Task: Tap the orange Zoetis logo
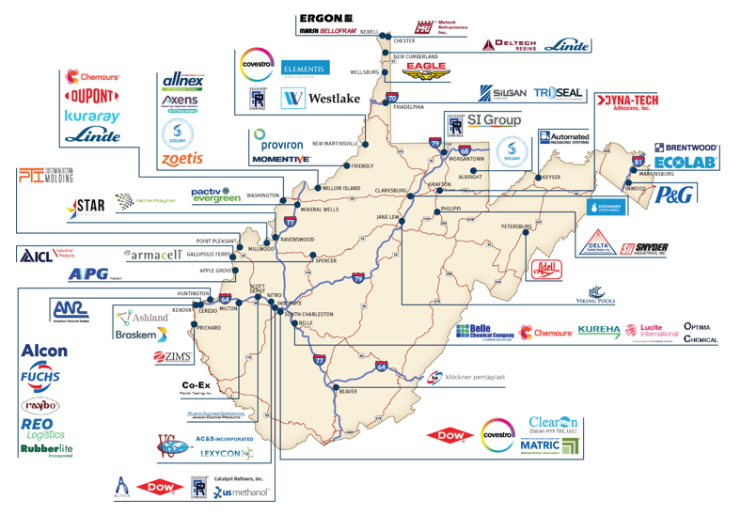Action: click(181, 159)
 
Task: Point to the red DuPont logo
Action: click(92, 96)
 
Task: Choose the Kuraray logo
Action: click(92, 116)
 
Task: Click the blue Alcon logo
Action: click(44, 351)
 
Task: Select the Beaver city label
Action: click(349, 392)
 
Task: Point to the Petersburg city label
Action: click(517, 226)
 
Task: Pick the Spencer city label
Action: click(326, 260)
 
